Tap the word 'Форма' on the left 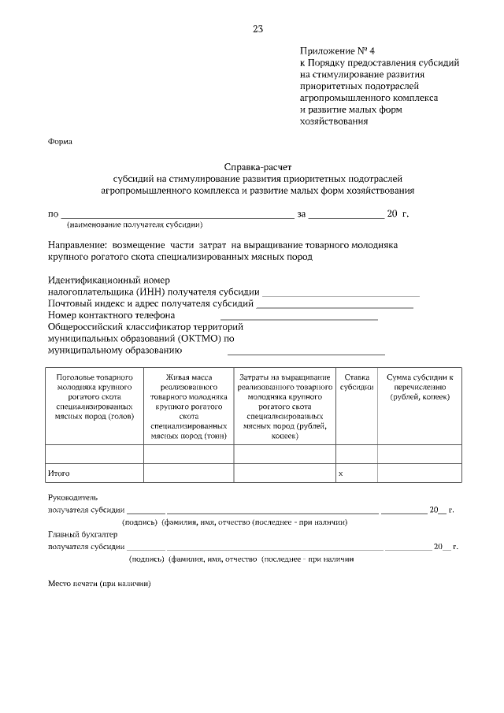(x=60, y=142)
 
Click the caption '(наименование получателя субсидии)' (x=129, y=224)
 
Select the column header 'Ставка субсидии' (x=357, y=383)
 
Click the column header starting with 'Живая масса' (x=188, y=406)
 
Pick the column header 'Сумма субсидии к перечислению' (x=418, y=388)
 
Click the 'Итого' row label (x=59, y=473)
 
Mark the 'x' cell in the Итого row (x=340, y=473)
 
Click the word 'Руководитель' (x=72, y=498)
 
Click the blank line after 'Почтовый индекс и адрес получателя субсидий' (x=335, y=303)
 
